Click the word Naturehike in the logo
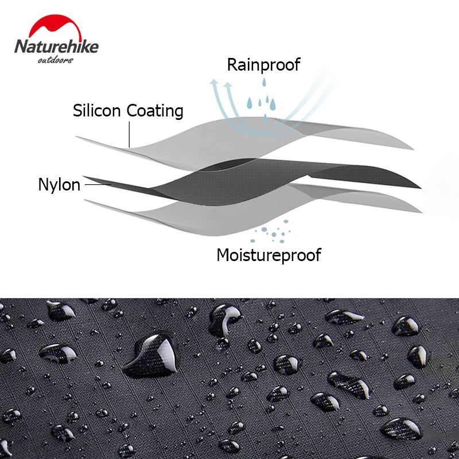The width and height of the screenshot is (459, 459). click(56, 47)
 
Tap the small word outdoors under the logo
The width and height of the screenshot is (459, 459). click(55, 60)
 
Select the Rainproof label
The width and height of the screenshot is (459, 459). click(263, 65)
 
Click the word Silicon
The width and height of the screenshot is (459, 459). click(98, 110)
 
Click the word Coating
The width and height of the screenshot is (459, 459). click(155, 111)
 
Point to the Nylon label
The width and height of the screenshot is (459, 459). click(59, 185)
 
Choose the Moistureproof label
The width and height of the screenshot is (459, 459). click(269, 254)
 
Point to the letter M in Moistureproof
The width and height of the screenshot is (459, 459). click(223, 254)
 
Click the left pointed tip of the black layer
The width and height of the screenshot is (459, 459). click(85, 177)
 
